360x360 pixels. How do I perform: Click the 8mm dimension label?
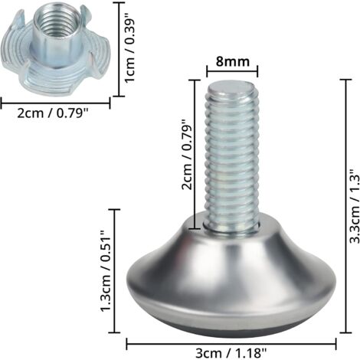point(232,62)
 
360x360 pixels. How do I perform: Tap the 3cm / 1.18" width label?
point(231,354)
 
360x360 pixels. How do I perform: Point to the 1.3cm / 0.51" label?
point(105,271)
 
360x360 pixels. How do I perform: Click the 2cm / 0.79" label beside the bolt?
point(186,155)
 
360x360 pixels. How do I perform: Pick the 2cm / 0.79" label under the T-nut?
point(53,113)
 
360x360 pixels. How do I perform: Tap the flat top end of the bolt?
point(231,89)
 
